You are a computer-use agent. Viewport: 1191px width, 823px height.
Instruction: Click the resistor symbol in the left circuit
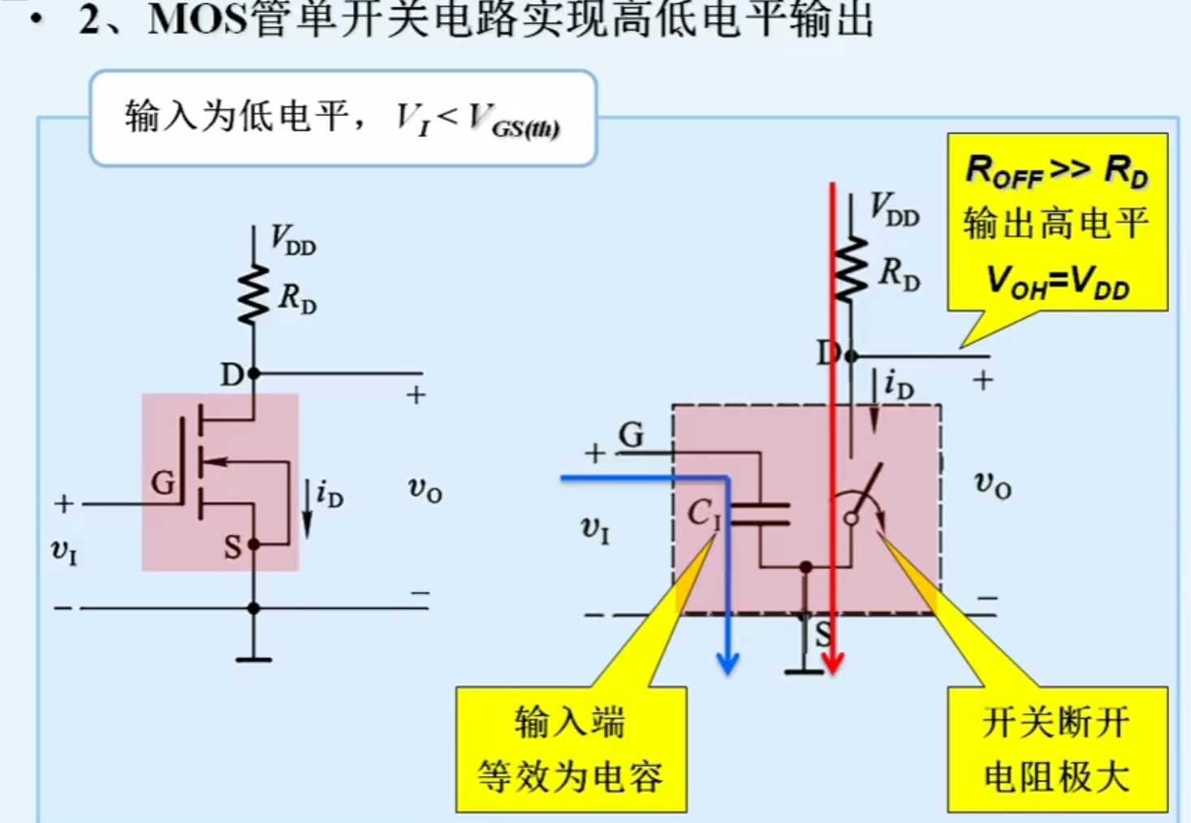pyautogui.click(x=253, y=294)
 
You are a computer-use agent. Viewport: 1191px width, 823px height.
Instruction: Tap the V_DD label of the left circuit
pyautogui.click(x=293, y=241)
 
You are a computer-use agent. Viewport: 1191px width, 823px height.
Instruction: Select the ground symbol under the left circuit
pyautogui.click(x=253, y=658)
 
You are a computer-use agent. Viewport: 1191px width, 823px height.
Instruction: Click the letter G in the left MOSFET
pyautogui.click(x=163, y=483)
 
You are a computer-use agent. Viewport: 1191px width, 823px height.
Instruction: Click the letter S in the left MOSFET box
pyautogui.click(x=233, y=548)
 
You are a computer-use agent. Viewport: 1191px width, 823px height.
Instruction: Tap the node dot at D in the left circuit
pyautogui.click(x=253, y=373)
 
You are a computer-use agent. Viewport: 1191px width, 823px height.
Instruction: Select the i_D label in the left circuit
pyautogui.click(x=329, y=493)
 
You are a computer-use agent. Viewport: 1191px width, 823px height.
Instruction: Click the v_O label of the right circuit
pyautogui.click(x=992, y=485)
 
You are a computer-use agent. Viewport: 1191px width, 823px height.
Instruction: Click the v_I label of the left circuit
pyautogui.click(x=64, y=552)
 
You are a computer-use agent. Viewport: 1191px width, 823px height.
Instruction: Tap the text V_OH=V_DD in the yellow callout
pyautogui.click(x=1057, y=282)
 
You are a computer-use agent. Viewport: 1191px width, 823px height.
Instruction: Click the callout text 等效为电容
pyautogui.click(x=570, y=777)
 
